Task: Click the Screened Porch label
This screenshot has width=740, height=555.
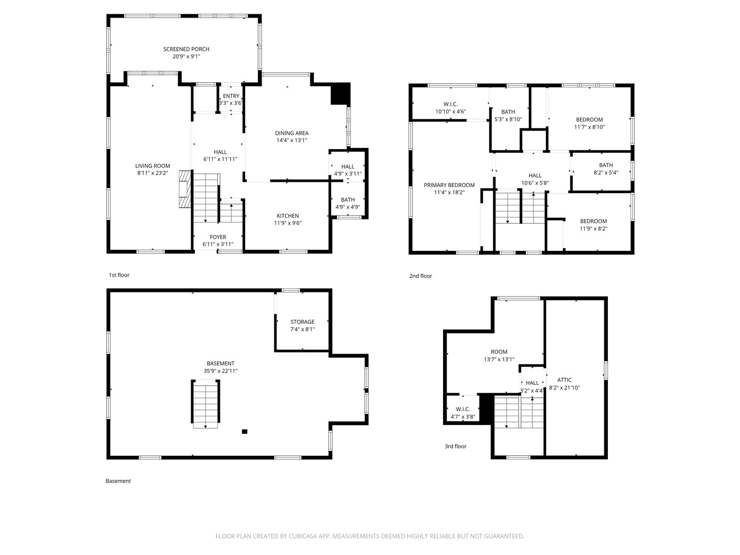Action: click(x=186, y=49)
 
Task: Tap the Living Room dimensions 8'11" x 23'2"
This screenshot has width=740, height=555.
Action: click(x=153, y=173)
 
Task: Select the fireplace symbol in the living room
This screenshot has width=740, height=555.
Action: click(x=186, y=189)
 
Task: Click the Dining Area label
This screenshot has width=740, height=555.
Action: click(x=291, y=133)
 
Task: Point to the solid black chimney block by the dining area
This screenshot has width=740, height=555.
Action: click(x=341, y=94)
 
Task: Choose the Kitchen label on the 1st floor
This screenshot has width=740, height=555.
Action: click(x=288, y=216)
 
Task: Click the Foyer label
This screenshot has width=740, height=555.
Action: click(x=218, y=237)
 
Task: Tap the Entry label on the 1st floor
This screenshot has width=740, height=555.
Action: click(x=231, y=96)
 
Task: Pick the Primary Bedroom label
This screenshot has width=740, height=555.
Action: click(x=449, y=185)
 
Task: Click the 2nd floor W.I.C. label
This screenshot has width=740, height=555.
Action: click(x=451, y=104)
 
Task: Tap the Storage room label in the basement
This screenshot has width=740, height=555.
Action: click(x=302, y=322)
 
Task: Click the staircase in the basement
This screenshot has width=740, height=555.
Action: click(x=206, y=404)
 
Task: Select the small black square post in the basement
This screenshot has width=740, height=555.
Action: click(x=245, y=431)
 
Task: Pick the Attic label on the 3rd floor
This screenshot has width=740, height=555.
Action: click(x=564, y=380)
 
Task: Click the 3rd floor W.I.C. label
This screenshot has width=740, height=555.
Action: click(x=463, y=409)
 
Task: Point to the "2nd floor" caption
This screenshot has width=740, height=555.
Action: click(x=420, y=276)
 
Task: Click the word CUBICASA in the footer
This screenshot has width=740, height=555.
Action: click(x=303, y=536)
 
